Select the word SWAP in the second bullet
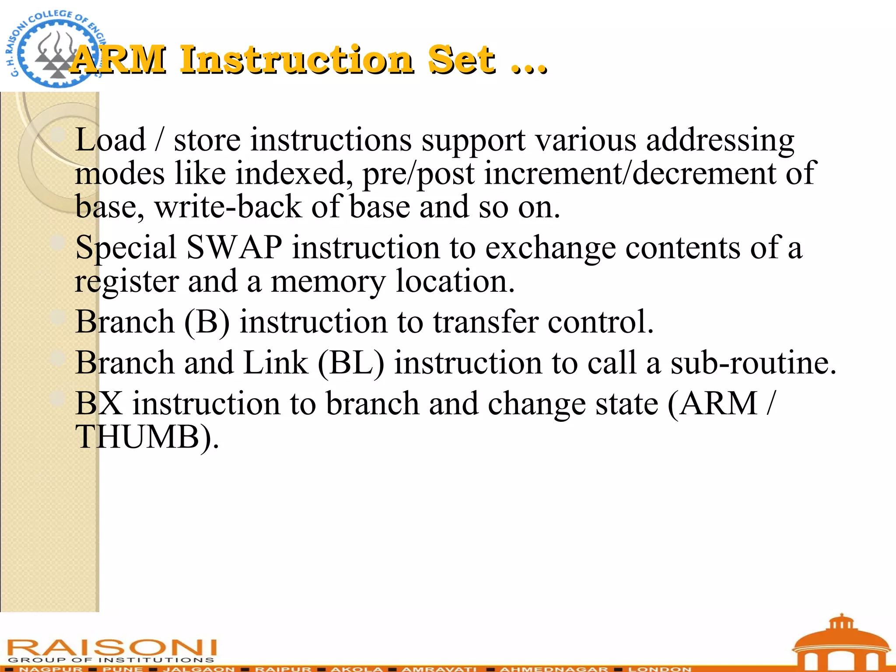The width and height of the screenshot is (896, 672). pyautogui.click(x=234, y=248)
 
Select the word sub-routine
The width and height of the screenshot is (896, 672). pyautogui.click(x=753, y=363)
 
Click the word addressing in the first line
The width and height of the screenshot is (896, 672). pyautogui.click(x=720, y=140)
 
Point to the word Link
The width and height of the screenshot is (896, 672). pyautogui.click(x=276, y=363)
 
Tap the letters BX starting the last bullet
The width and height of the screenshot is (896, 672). pyautogui.click(x=99, y=403)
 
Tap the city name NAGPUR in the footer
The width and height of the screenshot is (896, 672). pyautogui.click(x=51, y=668)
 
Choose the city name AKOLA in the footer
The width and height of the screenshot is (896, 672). pyautogui.click(x=357, y=668)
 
